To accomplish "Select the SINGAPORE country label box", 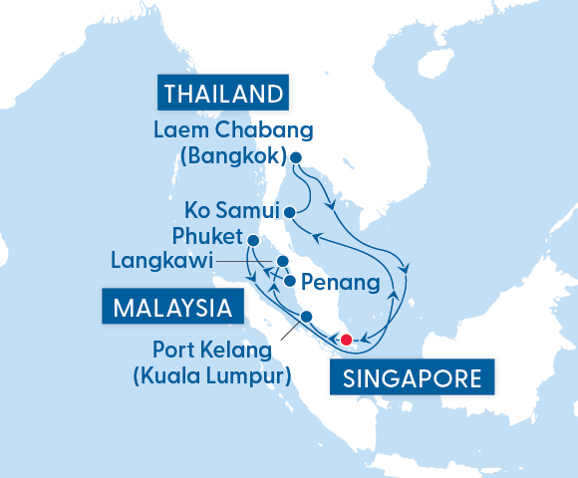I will (x=409, y=378).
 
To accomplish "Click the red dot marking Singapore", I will (x=346, y=340).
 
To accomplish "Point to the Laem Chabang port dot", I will (x=295, y=156).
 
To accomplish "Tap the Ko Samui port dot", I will (x=289, y=211).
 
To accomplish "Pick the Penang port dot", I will (x=289, y=281).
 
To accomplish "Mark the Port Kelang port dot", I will (x=306, y=317).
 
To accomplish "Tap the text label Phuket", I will (x=207, y=238).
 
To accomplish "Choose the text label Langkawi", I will (x=162, y=262).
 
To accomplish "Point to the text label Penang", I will (x=340, y=283).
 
